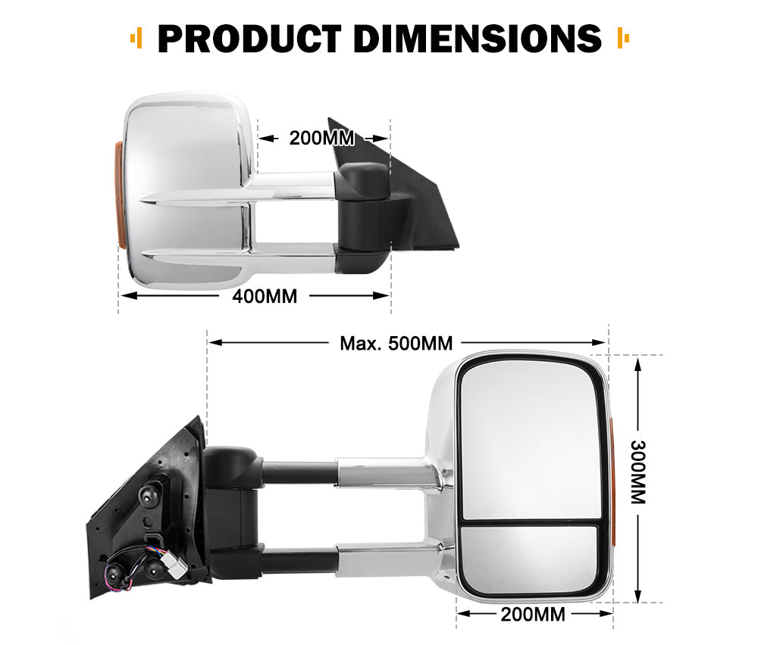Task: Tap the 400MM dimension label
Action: point(264,296)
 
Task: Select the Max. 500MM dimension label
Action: point(396,343)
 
